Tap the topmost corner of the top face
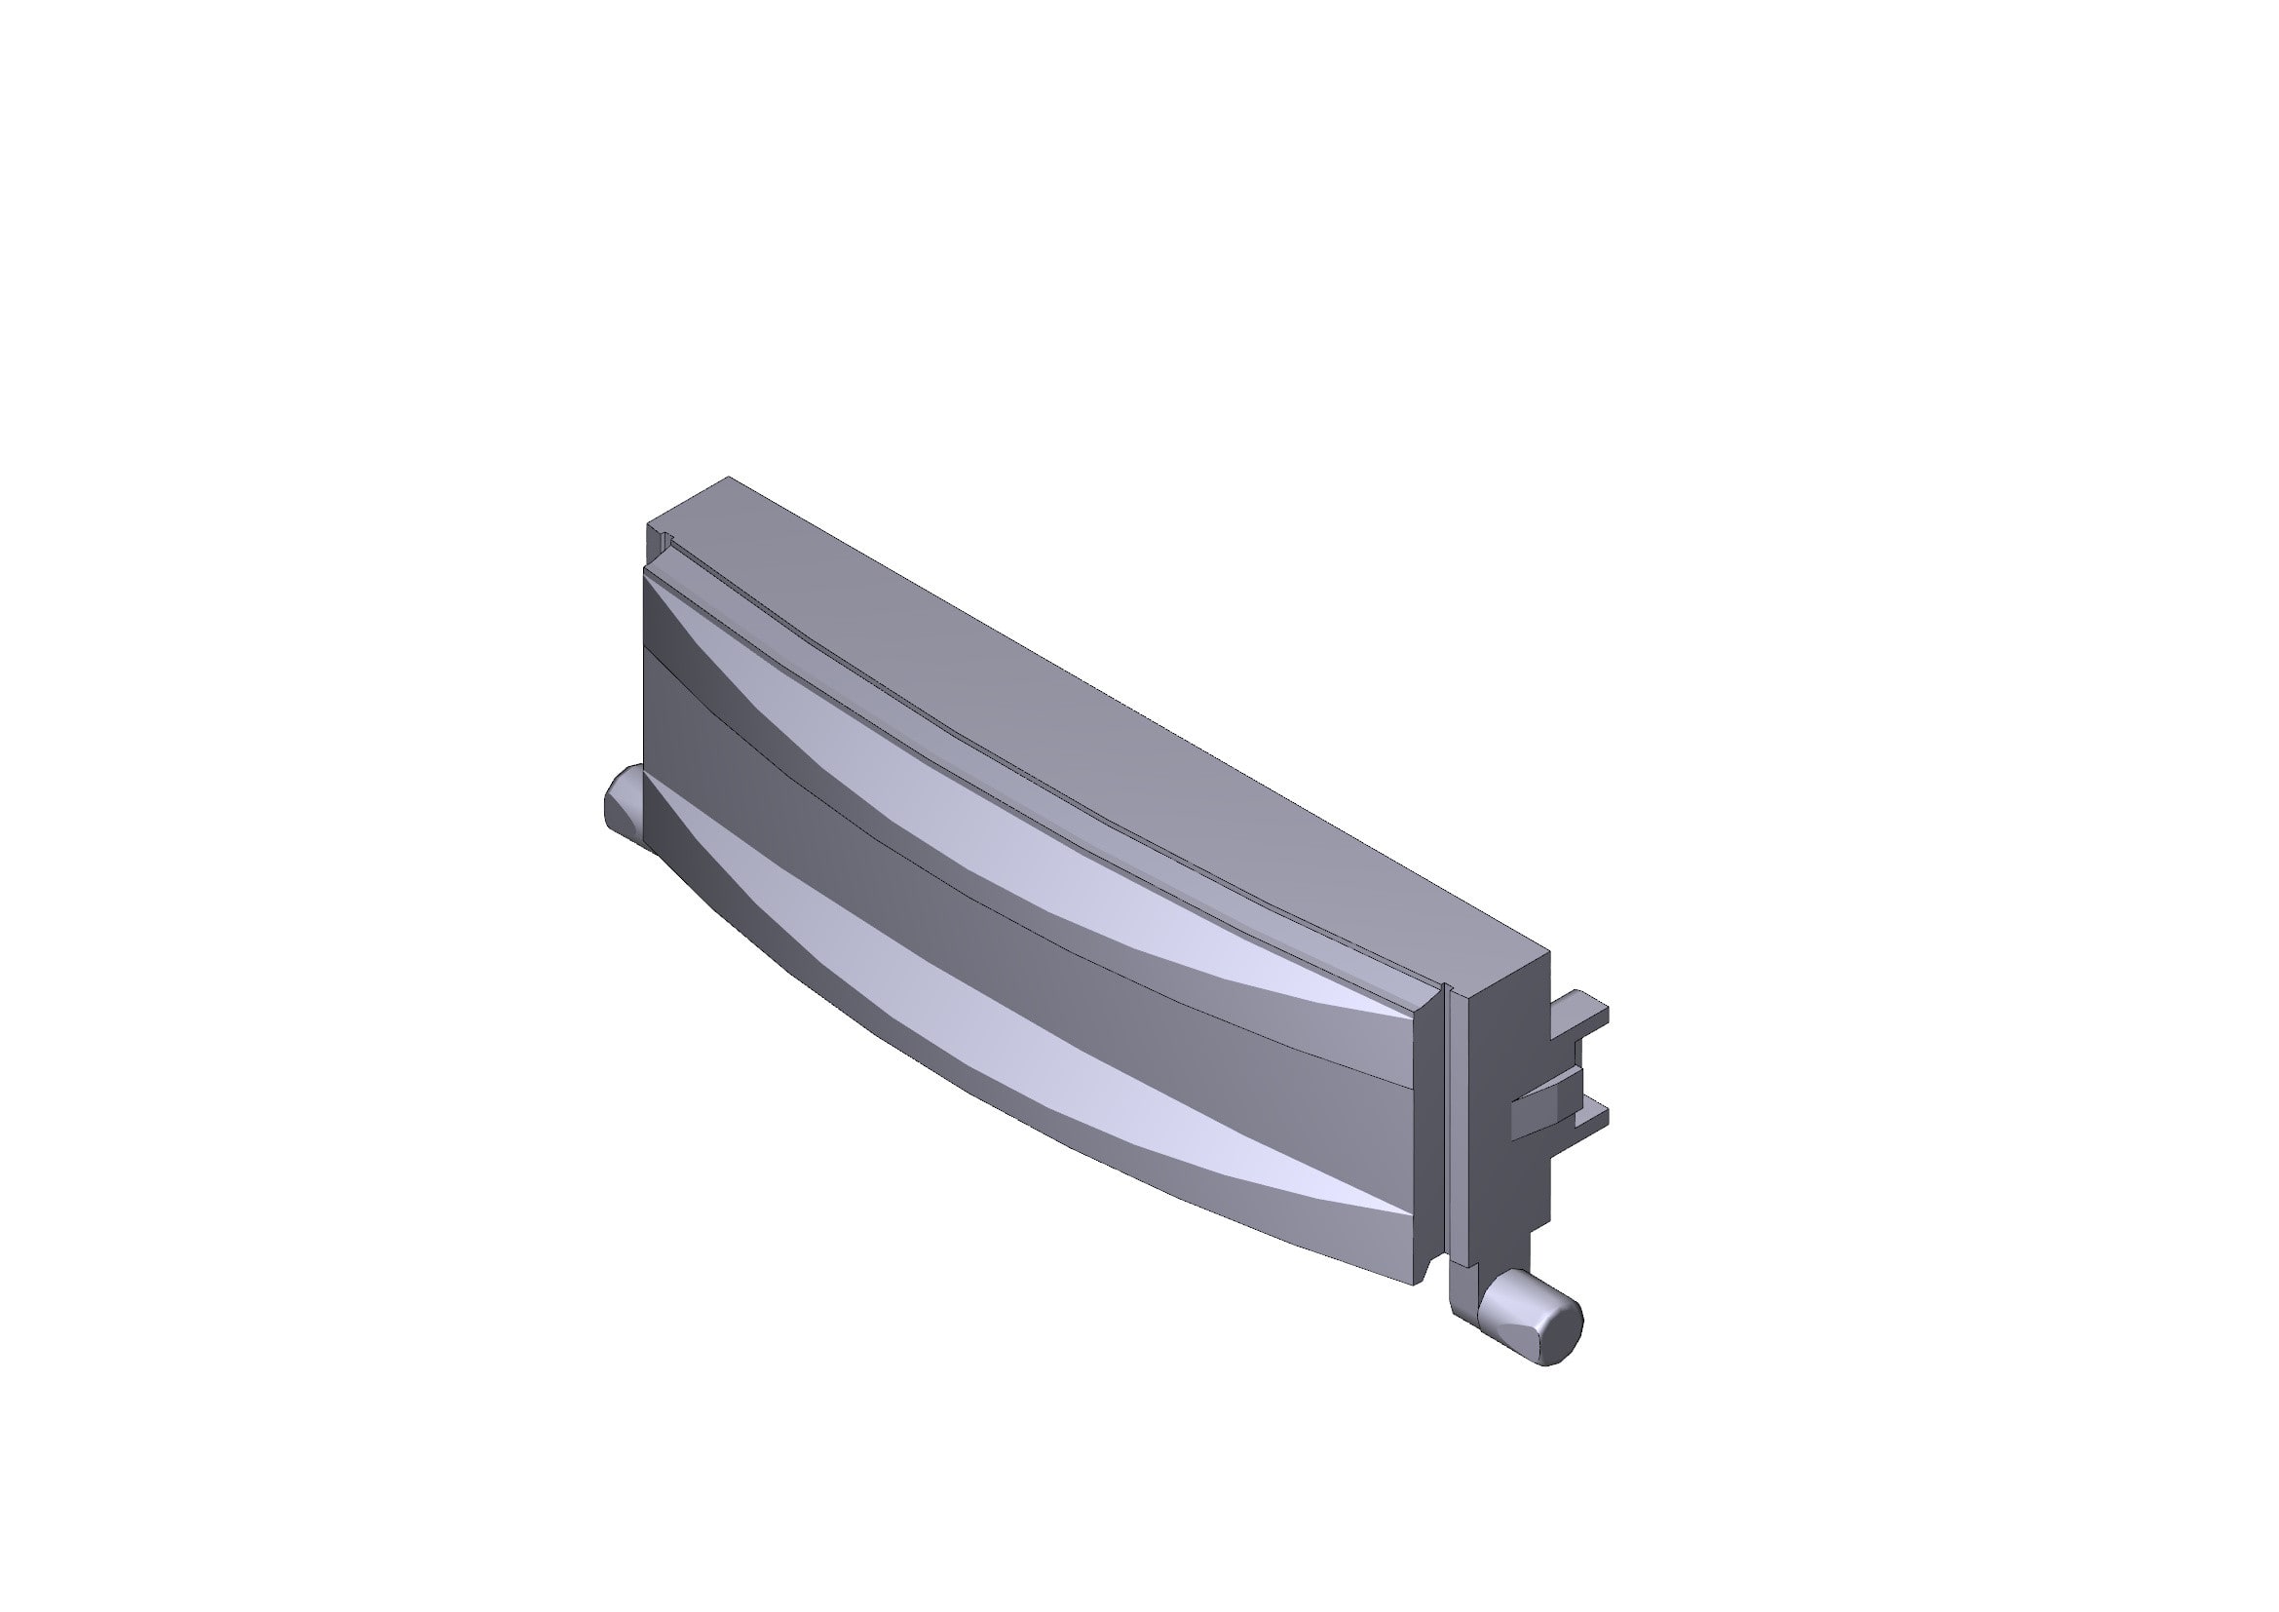[730, 479]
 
